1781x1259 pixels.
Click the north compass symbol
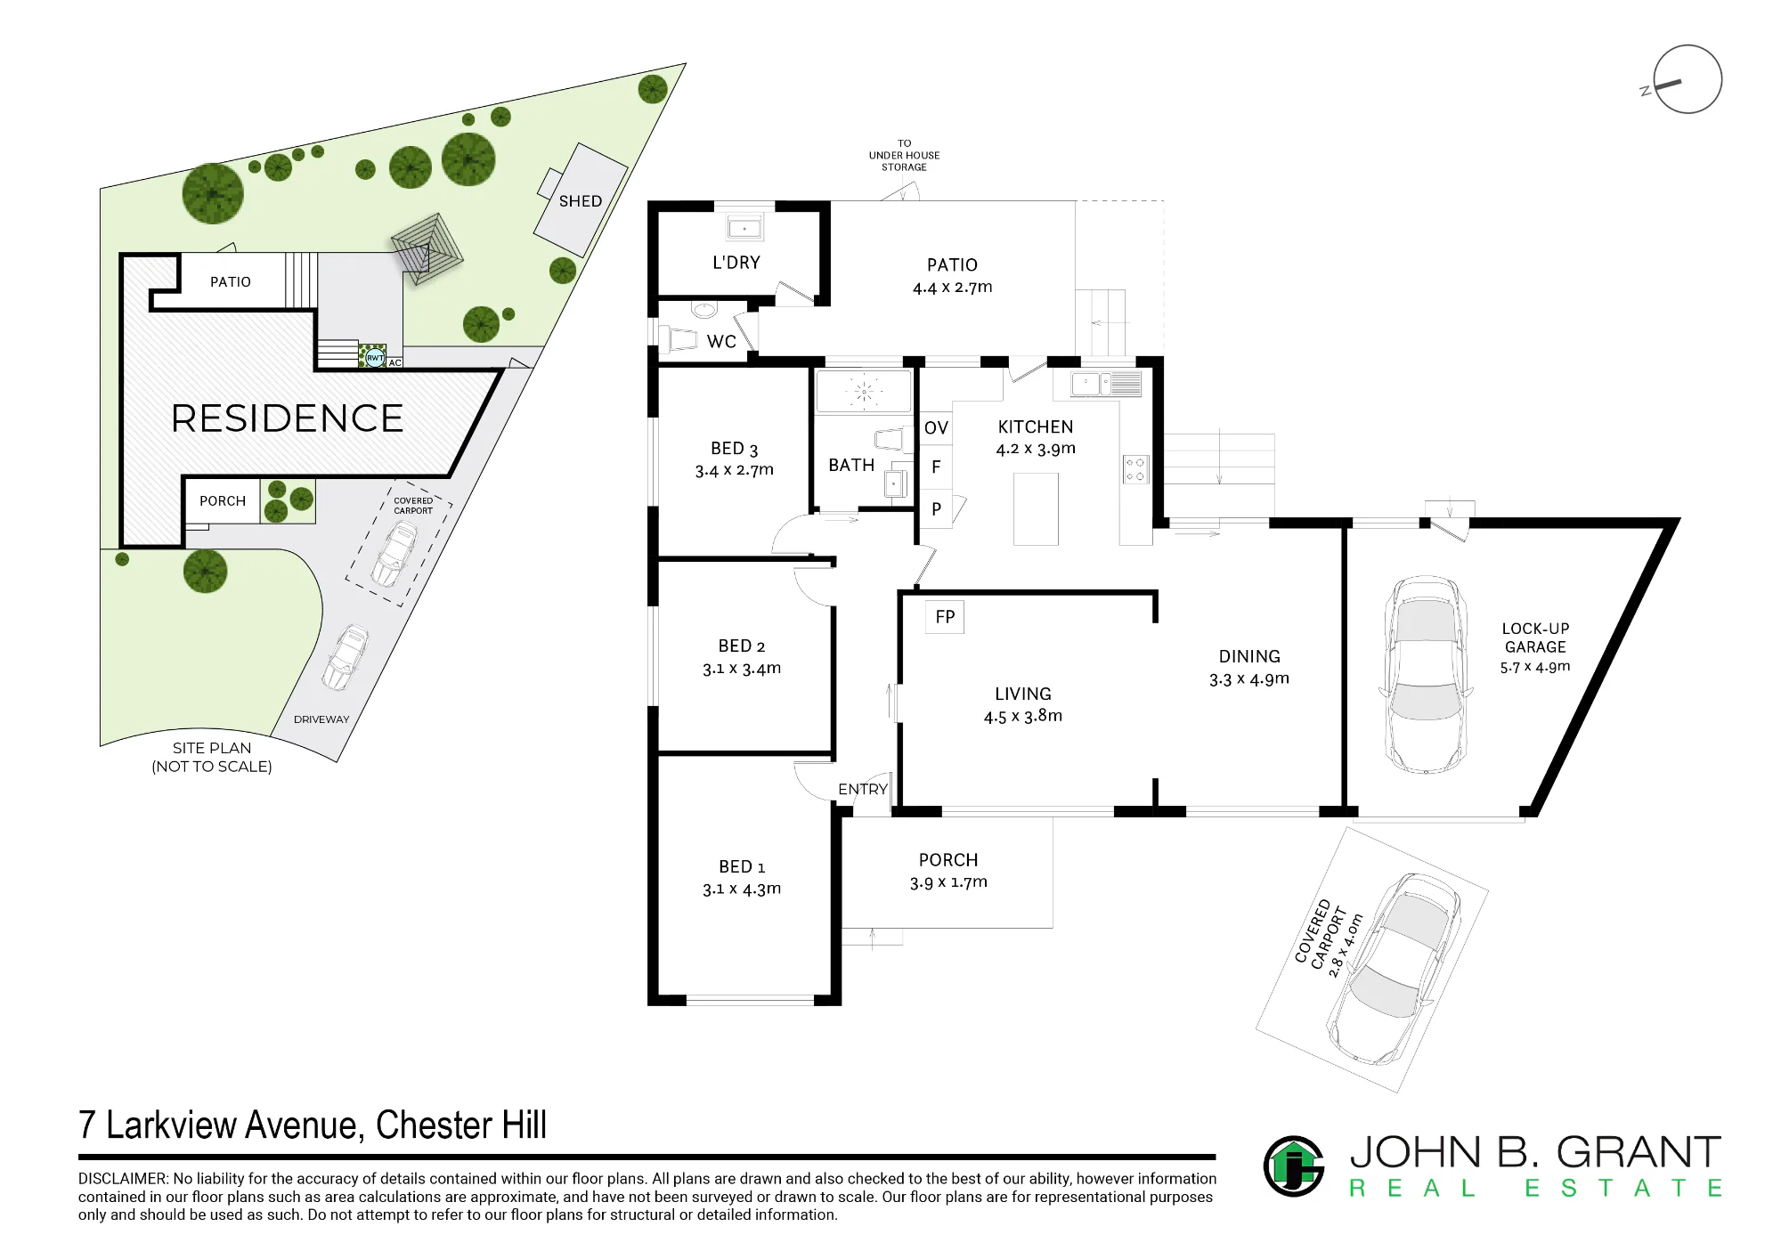1687,79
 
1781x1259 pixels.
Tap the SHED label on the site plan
581,201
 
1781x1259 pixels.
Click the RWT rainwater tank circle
375,358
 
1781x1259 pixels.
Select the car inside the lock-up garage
1424,674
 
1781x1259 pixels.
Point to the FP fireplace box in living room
945,616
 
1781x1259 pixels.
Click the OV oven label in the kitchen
936,428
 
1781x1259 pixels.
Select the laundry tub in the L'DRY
744,228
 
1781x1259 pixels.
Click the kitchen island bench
1036,508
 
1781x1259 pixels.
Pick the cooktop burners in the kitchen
1135,469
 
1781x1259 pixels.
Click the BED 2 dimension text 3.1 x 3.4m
742,668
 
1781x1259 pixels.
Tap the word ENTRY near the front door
862,789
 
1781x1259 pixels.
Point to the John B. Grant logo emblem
1294,1166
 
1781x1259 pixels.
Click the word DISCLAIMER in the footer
122,1179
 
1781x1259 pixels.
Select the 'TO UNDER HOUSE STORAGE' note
904,155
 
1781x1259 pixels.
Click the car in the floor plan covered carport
1394,970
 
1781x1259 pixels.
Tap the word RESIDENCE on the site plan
287,418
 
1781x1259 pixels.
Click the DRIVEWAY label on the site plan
321,719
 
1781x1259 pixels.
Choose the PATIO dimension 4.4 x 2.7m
952,288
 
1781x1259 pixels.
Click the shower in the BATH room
864,391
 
